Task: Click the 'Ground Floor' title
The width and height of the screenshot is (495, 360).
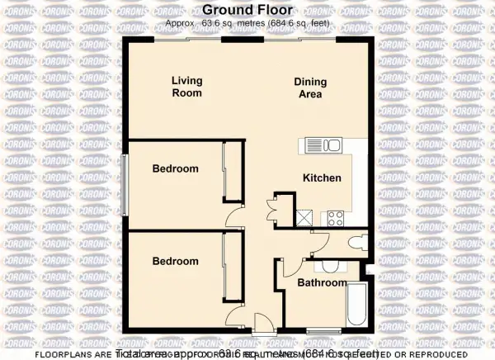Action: (247, 12)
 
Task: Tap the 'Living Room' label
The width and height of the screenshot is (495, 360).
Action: (187, 87)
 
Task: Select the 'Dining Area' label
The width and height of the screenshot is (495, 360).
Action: (311, 88)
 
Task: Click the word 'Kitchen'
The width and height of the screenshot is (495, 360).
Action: (322, 178)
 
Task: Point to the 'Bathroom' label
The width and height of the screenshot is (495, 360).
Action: (323, 282)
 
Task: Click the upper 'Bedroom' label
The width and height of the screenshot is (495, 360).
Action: (176, 169)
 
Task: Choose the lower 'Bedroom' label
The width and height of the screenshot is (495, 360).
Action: (176, 261)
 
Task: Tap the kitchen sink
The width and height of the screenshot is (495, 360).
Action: (323, 146)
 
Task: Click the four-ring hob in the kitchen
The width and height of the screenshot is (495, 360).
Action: (336, 218)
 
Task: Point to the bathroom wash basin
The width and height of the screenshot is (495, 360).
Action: (330, 266)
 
